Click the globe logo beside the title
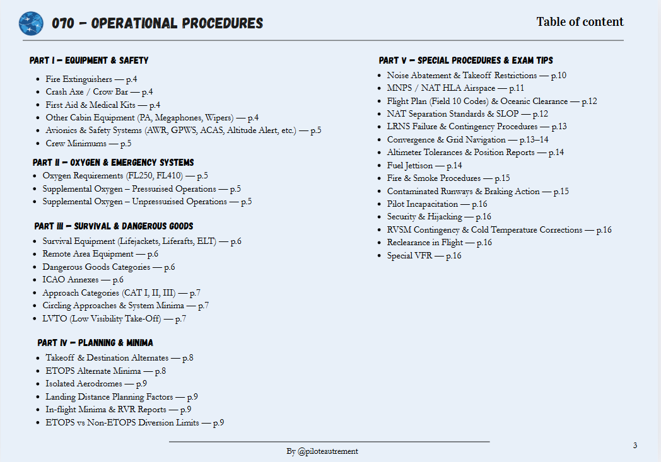tap(31, 23)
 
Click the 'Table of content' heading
tap(580, 22)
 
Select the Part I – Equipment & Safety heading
tap(89, 61)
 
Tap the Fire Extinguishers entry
tap(91, 79)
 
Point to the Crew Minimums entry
tap(88, 144)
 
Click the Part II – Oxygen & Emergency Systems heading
tap(114, 163)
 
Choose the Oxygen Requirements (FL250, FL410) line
tap(125, 176)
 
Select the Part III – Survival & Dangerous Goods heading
tap(114, 226)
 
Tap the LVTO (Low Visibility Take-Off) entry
tap(114, 319)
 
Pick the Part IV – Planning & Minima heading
tap(95, 343)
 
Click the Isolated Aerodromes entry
tap(96, 384)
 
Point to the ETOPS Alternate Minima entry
tap(105, 371)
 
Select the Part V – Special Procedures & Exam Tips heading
tap(466, 61)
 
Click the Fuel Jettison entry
tap(424, 166)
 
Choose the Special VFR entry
tap(424, 256)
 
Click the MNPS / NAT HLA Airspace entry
tap(455, 88)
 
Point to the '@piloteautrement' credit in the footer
tap(327, 451)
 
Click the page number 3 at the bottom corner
tap(635, 446)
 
